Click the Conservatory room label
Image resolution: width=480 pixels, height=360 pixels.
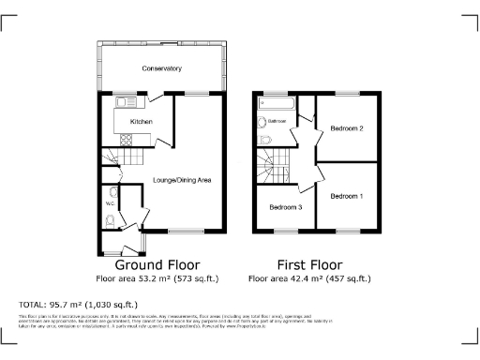pos(161,69)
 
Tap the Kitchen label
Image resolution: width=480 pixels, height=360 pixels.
pos(141,122)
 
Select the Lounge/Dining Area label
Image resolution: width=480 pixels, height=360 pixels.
pos(181,178)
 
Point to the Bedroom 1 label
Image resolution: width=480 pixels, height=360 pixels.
pos(346,196)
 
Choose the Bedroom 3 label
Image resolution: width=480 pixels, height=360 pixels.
pos(285,207)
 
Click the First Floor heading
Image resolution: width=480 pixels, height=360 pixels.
pos(309,264)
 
